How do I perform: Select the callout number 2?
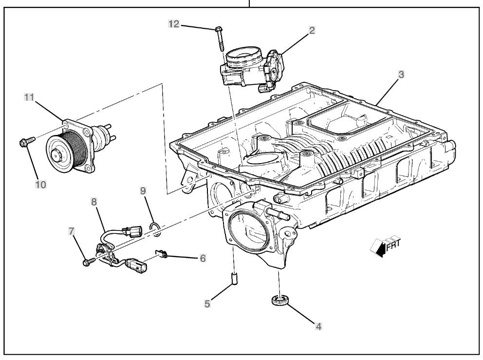[x=312, y=30]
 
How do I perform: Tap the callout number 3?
[x=400, y=75]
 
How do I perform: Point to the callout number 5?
[x=207, y=303]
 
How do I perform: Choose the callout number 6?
[x=203, y=258]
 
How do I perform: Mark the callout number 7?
[x=72, y=231]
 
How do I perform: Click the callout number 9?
[x=143, y=190]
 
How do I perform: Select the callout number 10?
[x=40, y=185]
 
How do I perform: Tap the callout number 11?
[x=30, y=97]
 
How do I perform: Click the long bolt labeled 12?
[x=219, y=38]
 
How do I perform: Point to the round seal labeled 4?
[x=279, y=300]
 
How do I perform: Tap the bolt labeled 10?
[x=25, y=142]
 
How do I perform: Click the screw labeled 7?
[x=89, y=263]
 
